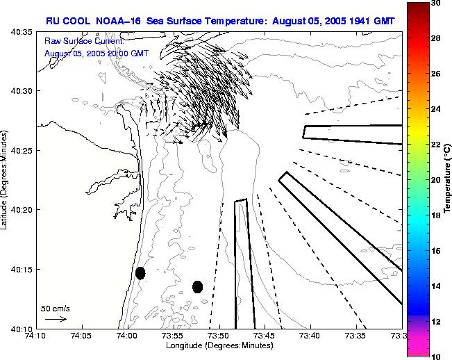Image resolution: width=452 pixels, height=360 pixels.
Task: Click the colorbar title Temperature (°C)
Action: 448,179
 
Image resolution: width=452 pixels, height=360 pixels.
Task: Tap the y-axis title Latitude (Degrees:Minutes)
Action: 6,180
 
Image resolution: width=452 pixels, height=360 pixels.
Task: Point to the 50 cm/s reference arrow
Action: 56,319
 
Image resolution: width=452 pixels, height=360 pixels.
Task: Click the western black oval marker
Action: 140,273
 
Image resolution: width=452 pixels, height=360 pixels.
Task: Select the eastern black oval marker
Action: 197,286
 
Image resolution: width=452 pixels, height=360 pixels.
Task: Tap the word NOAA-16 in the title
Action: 117,21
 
